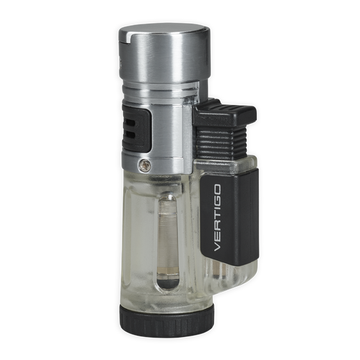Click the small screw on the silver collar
point(145,164)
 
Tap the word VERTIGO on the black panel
point(217,217)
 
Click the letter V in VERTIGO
point(217,246)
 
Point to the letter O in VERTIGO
point(217,189)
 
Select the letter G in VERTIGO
point(217,199)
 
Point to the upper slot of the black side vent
point(130,123)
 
